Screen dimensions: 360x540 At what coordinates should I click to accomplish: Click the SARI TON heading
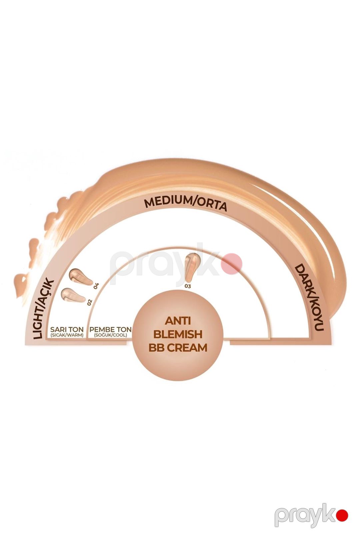coord(67,329)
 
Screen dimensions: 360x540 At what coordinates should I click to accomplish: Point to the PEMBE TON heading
coord(111,329)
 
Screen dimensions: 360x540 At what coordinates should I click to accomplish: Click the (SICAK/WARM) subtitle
coord(67,335)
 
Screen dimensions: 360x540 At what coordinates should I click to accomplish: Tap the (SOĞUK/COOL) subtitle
coord(111,335)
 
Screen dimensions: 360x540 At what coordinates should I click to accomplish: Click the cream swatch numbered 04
coord(81,276)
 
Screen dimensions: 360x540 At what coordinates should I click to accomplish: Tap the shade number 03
coord(188,286)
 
